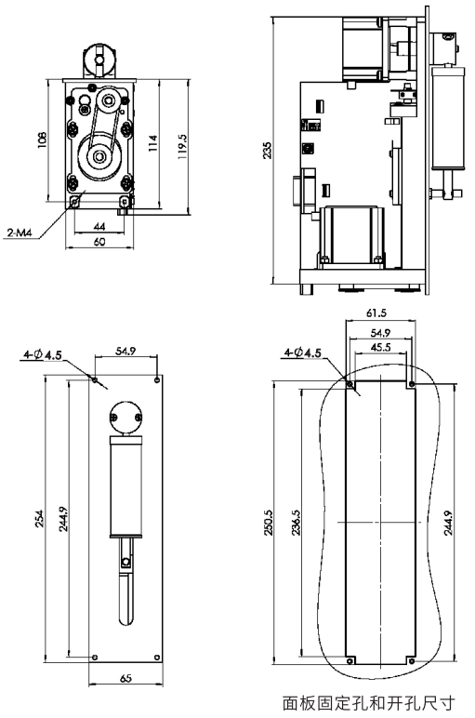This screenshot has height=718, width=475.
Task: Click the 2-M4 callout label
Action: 20,233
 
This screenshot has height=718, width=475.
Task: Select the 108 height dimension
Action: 42,140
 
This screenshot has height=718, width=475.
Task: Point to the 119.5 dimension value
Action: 182,147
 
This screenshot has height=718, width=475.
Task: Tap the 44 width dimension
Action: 99,226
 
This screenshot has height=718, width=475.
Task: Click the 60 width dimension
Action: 99,241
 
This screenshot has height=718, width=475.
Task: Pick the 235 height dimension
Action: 267,150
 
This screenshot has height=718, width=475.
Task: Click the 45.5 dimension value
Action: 381,347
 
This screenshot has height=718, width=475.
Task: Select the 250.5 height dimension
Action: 269,522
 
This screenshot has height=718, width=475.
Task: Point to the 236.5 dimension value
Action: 297,522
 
